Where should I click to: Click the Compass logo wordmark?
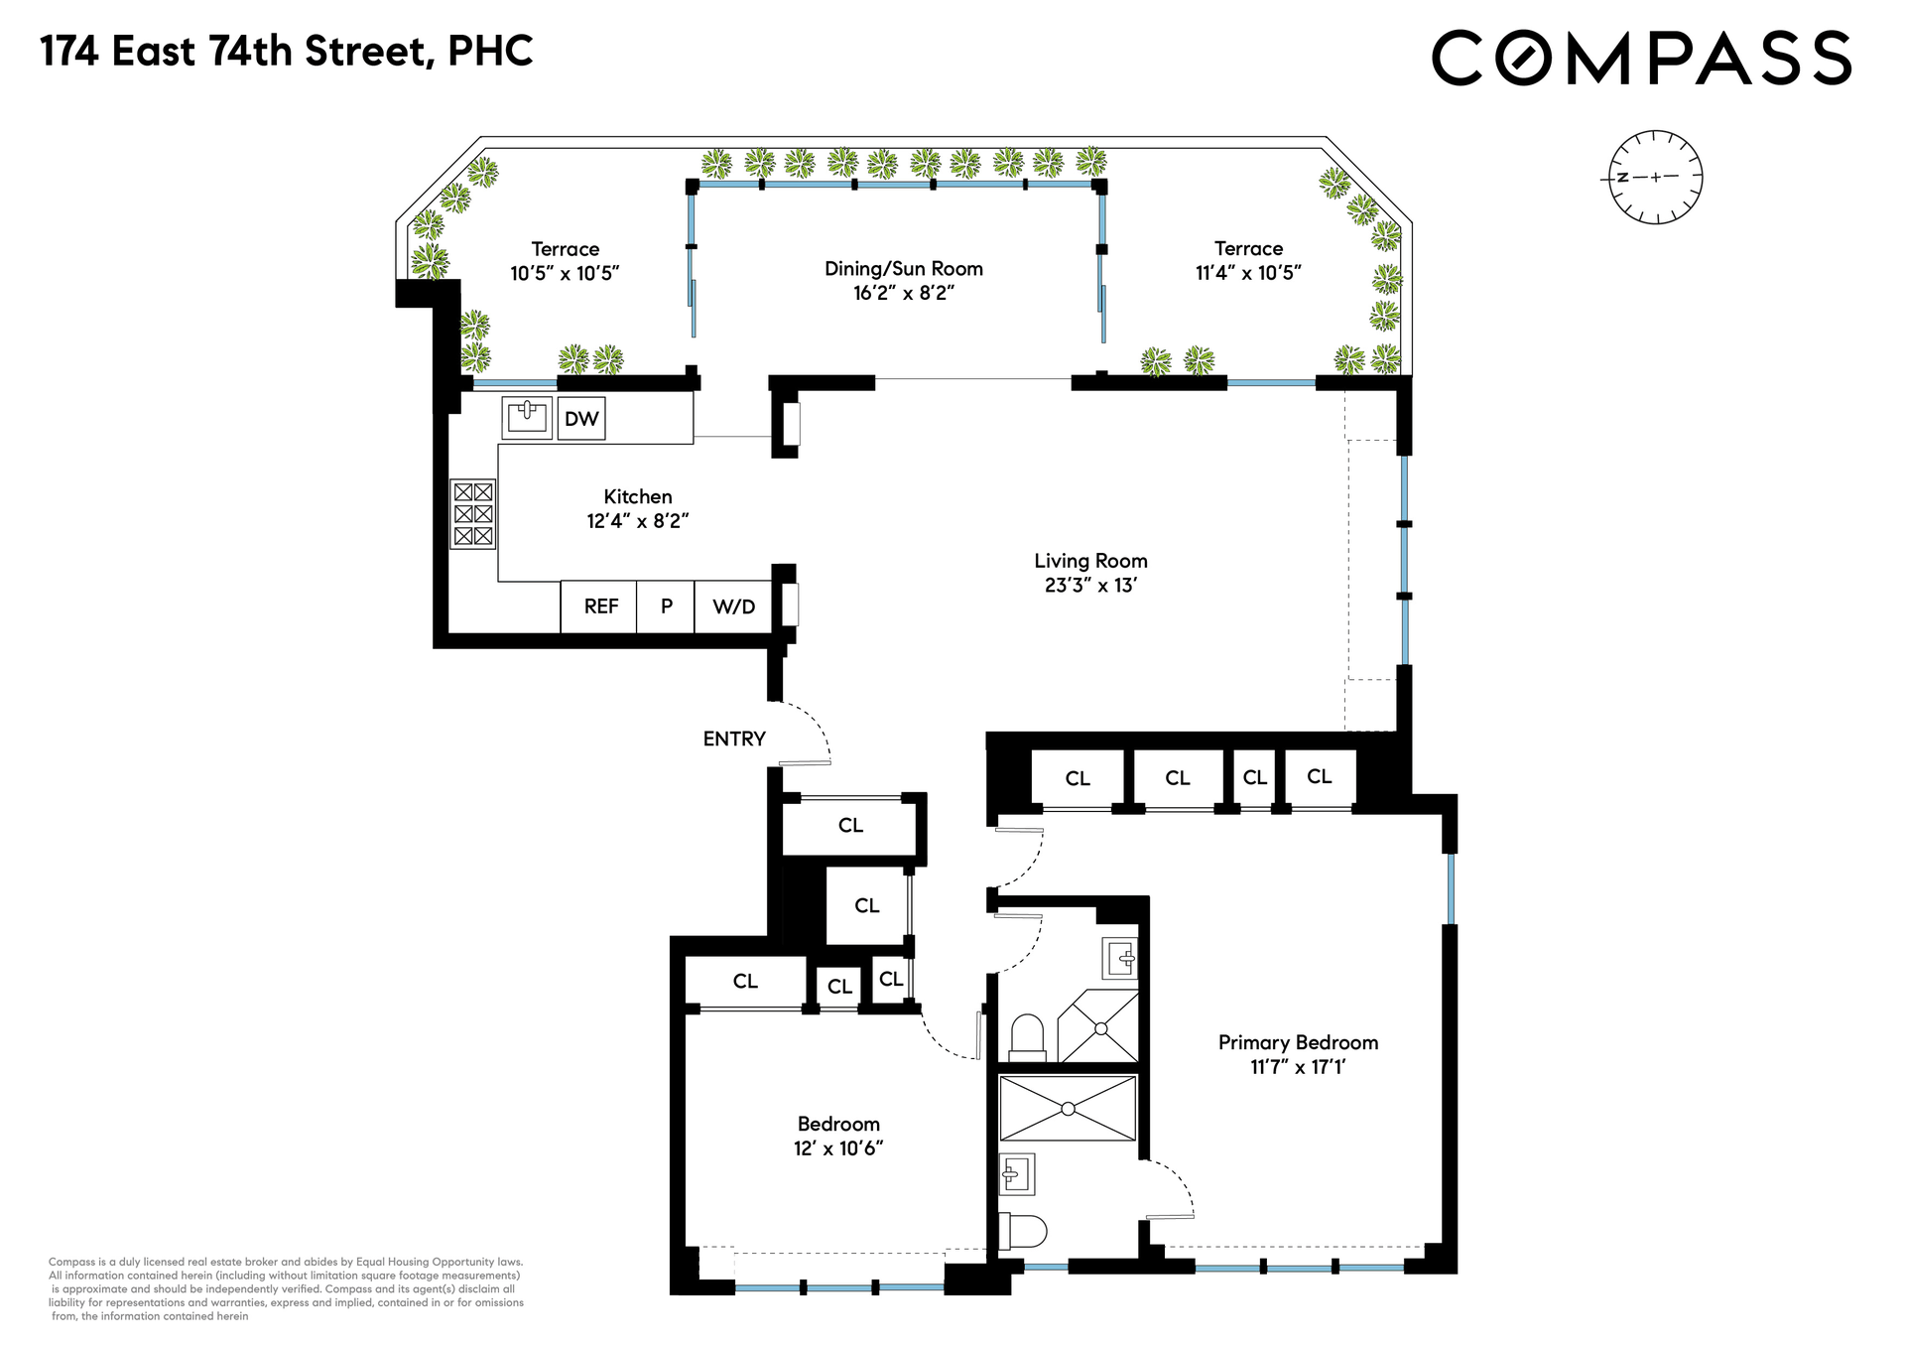1641,57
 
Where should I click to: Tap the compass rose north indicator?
1622,178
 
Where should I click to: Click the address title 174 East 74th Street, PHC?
287,52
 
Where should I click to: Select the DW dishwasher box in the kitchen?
581,419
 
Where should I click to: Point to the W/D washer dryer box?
733,606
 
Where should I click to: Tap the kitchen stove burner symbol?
473,514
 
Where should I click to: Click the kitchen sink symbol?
527,417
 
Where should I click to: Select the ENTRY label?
734,739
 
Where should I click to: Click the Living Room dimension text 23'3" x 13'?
1090,586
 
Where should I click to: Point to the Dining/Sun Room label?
904,268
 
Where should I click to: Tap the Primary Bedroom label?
1298,1042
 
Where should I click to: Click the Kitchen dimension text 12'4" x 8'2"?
638,521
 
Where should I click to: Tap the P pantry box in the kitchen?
666,606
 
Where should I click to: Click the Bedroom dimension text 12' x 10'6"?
838,1148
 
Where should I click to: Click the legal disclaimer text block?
286,1289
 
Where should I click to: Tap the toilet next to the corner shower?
1027,1037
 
